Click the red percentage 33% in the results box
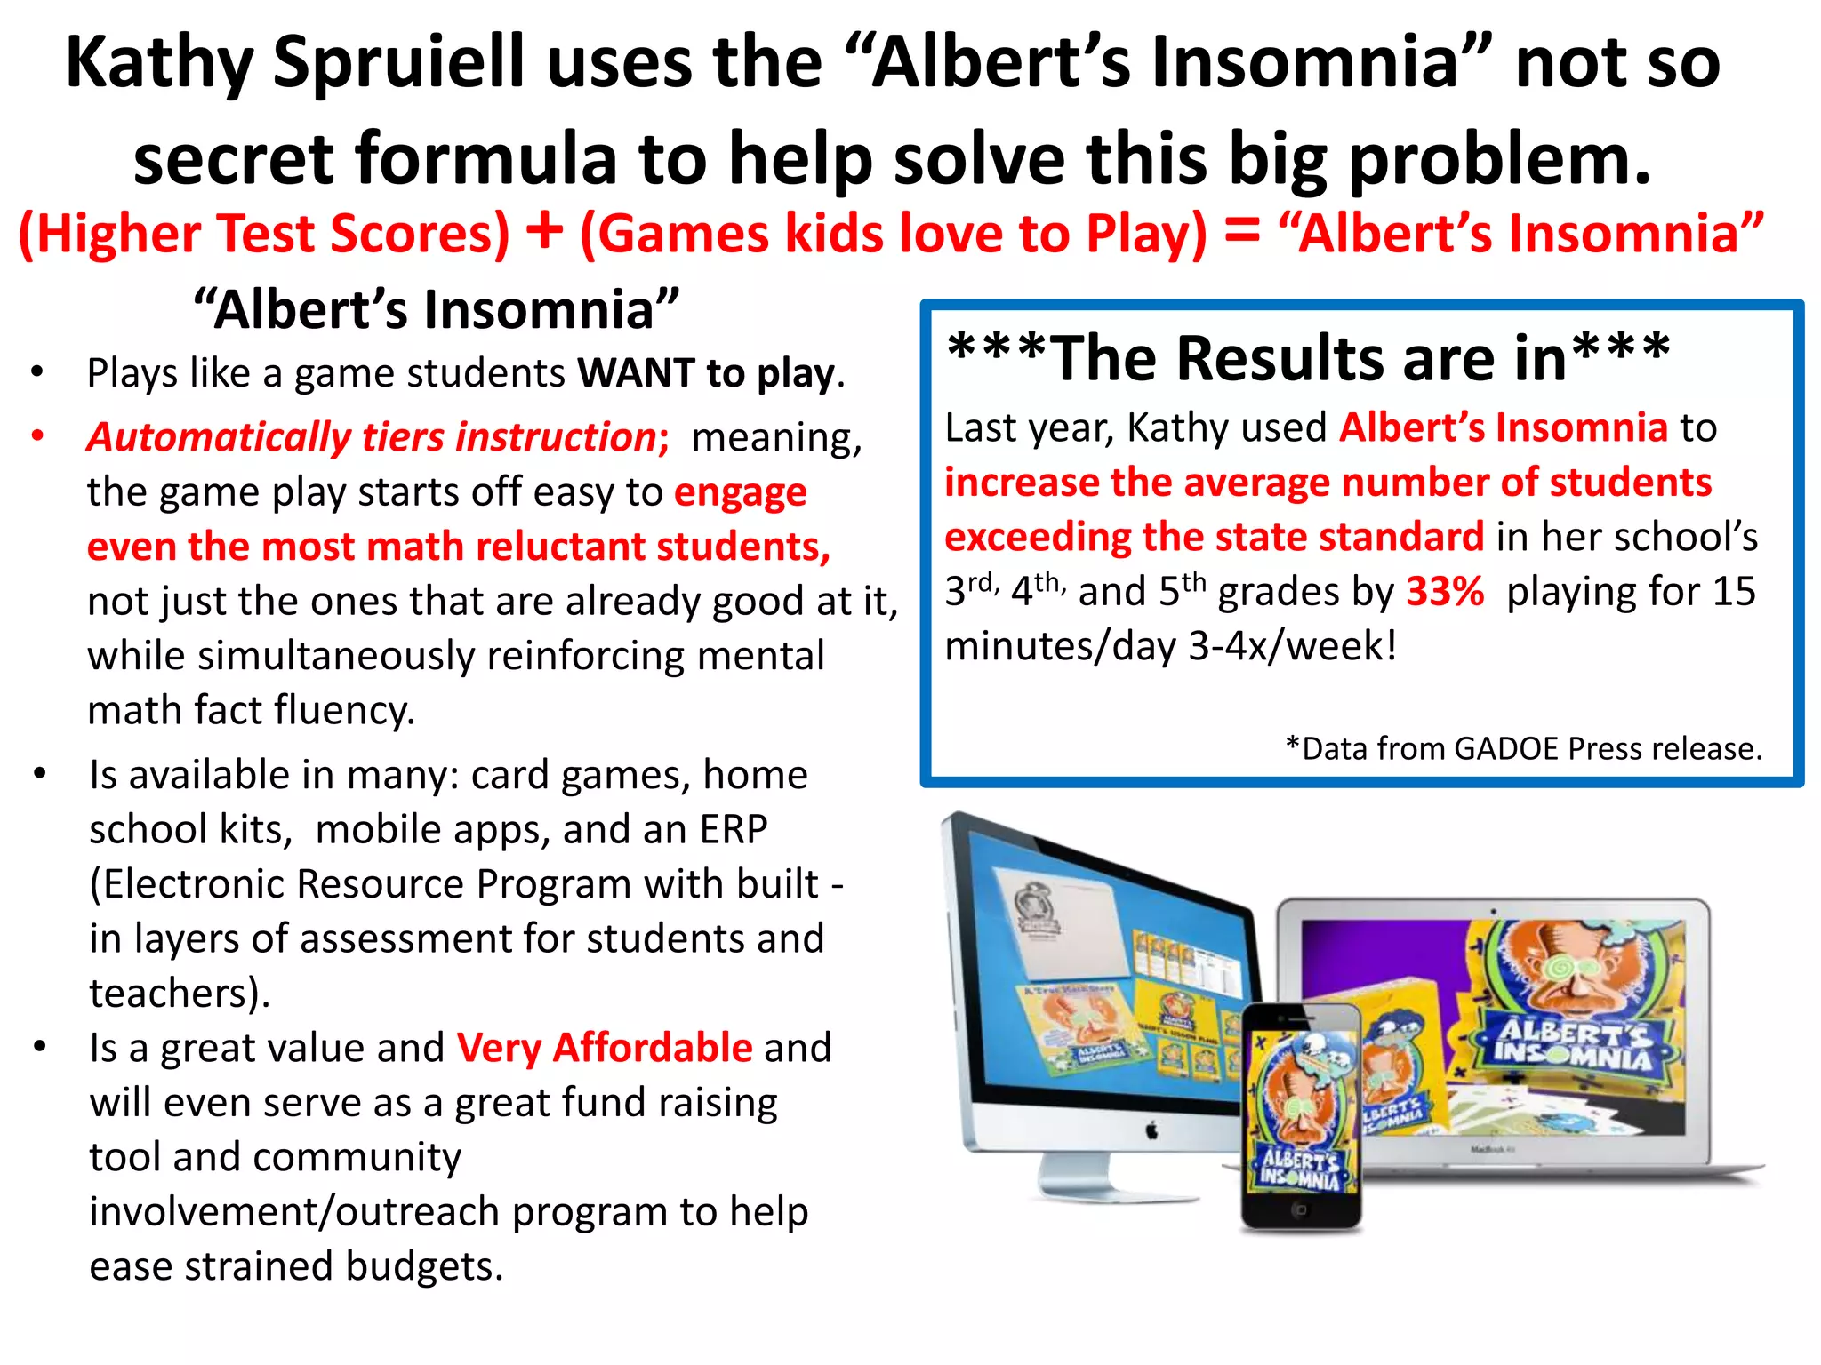click(x=1445, y=591)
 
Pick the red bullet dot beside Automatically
click(x=37, y=436)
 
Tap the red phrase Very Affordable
click(x=605, y=1048)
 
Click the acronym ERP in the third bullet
click(x=734, y=830)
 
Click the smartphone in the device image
click(x=1300, y=1115)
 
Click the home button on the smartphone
click(x=1300, y=1209)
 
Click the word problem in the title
click(x=1499, y=160)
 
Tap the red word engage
click(x=741, y=493)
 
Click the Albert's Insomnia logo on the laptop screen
click(x=1574, y=1043)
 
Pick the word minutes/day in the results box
click(x=1061, y=646)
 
